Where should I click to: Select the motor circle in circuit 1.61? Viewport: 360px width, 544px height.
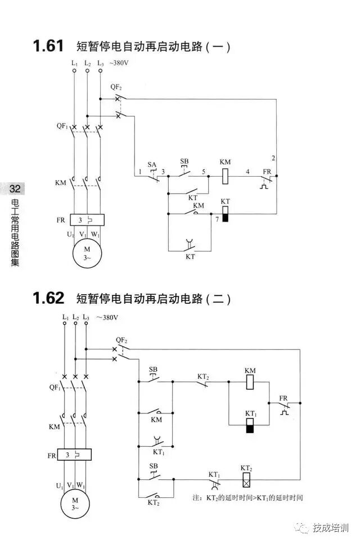87,253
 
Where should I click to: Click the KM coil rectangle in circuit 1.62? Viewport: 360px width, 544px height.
251,382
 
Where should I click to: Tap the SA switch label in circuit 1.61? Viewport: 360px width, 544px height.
151,164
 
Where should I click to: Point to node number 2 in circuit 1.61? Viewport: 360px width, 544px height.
273,157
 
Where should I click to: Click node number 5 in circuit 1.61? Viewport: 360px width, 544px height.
204,170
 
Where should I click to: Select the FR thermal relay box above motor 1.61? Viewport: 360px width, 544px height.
85,220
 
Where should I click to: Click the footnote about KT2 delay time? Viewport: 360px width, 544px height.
247,498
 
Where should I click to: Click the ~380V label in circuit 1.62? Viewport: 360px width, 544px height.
107,317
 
